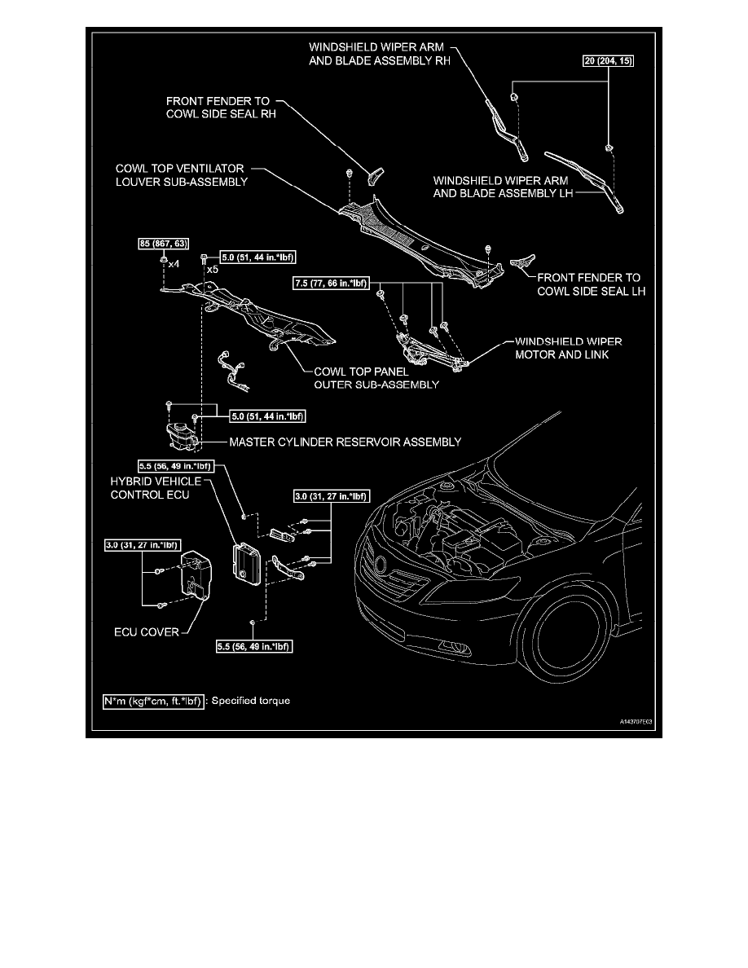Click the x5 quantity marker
[212, 269]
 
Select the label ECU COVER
[146, 631]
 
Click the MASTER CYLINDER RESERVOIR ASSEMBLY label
[345, 442]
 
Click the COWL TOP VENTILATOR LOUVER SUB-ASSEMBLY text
[181, 174]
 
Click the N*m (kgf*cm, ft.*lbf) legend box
[152, 700]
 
